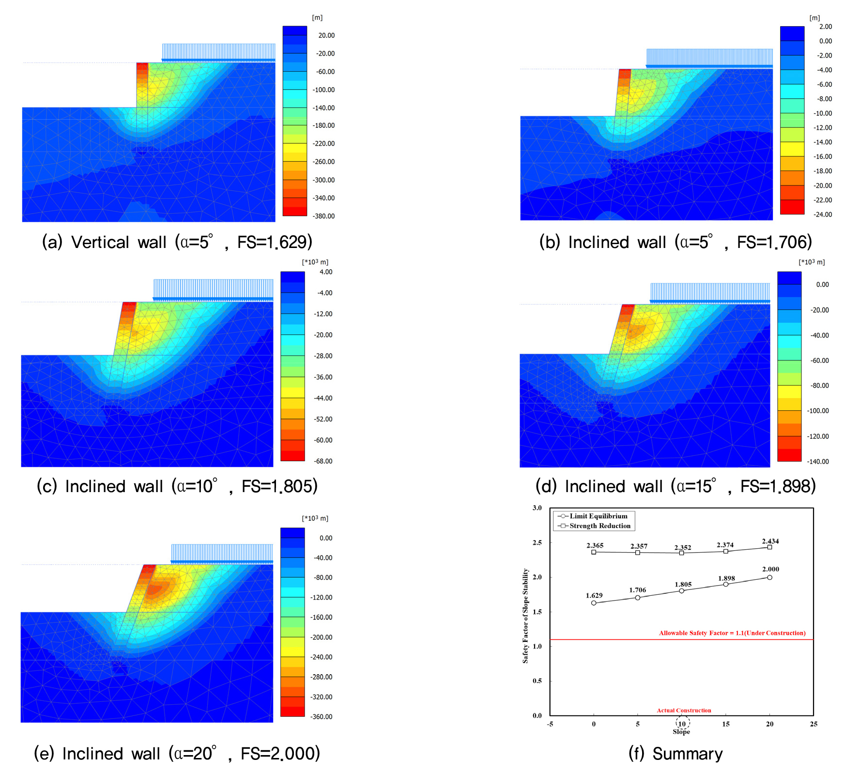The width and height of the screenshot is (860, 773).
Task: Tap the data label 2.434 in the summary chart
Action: pos(770,541)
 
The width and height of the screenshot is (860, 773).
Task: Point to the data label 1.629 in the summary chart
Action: pos(594,596)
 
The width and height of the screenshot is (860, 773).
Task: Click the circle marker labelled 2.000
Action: pos(769,577)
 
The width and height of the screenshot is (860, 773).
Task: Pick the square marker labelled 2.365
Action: pos(594,552)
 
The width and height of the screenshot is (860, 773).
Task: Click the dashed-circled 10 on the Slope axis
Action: pos(682,724)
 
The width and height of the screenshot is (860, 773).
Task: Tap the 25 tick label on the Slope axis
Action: pos(814,724)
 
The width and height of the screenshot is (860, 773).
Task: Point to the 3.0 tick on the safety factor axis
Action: pos(537,508)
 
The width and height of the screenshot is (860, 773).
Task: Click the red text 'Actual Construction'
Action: pos(684,711)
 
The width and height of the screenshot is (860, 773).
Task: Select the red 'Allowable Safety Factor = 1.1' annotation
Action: pos(732,633)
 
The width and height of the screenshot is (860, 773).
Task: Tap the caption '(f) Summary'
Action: pos(675,754)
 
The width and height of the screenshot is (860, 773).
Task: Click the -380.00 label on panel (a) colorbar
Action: pos(324,216)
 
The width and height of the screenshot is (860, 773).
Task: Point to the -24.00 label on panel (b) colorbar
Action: pos(822,215)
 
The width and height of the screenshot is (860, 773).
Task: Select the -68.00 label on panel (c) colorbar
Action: pos(323,461)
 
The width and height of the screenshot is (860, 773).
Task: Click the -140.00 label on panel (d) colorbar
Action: pos(818,462)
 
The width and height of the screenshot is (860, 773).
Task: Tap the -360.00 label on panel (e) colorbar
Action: pos(322,717)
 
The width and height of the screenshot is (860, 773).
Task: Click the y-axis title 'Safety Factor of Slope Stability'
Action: pos(525,616)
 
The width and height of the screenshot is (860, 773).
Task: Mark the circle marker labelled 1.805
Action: pos(682,591)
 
